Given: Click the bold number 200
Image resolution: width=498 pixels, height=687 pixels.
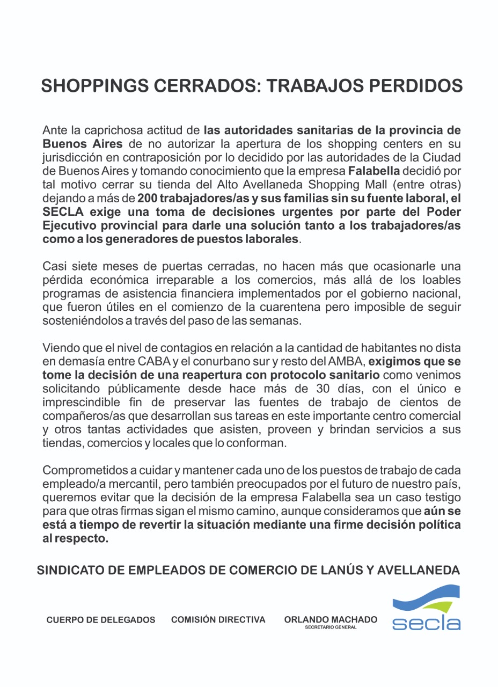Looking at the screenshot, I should pyautogui.click(x=147, y=199).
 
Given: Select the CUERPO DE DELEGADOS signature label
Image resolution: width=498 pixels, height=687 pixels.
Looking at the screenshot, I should pyautogui.click(x=101, y=620).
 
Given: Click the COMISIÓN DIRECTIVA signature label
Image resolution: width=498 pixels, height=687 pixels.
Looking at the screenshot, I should pyautogui.click(x=218, y=620).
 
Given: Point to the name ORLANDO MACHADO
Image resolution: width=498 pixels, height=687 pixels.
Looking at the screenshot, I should pyautogui.click(x=331, y=619).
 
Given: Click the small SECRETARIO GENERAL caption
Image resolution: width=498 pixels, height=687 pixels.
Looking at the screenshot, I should pyautogui.click(x=331, y=627).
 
